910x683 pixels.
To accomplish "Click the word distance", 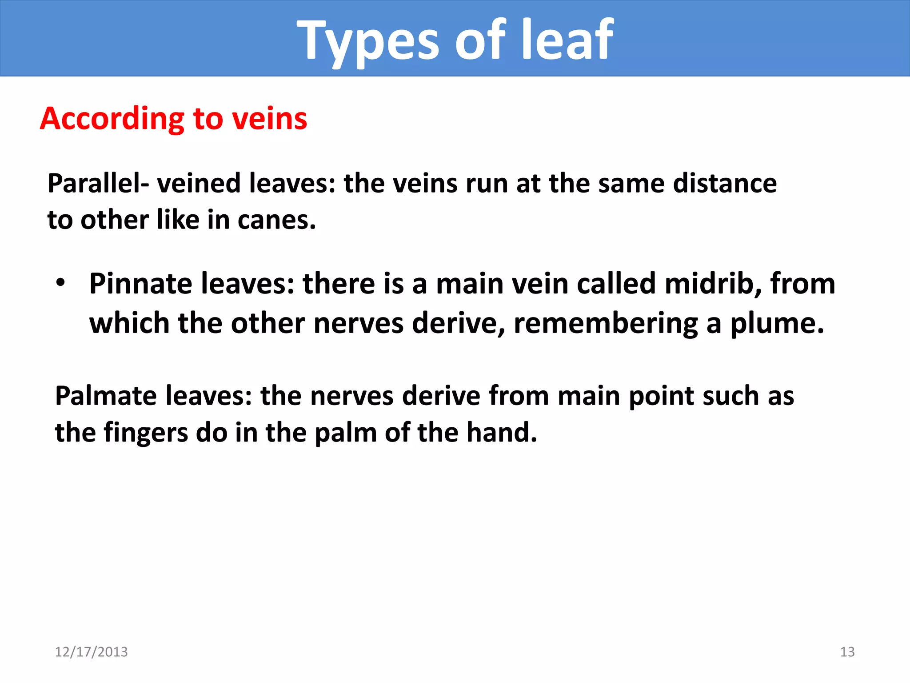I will pos(725,183).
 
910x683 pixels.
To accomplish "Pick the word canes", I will pos(276,220).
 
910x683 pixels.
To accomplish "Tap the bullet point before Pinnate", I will pos(61,283).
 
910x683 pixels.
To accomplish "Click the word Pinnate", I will pos(141,284).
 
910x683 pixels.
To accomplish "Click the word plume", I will pos(777,323).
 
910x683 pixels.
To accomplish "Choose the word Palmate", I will pos(106,396).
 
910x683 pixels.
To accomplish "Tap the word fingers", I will pos(146,433).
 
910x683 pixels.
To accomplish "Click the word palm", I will pos(346,433).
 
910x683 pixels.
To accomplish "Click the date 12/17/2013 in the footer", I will pos(91,652).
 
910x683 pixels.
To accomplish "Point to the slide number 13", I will pos(847,652).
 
